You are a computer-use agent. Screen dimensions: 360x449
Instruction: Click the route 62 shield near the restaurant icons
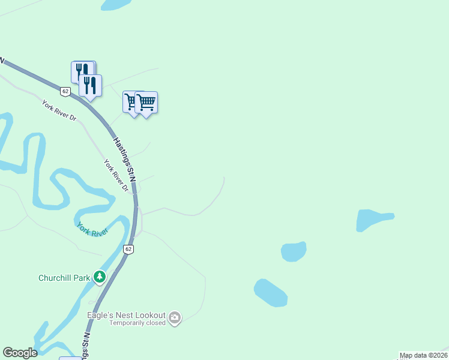click(x=65, y=91)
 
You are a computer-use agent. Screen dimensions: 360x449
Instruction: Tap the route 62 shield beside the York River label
click(x=128, y=248)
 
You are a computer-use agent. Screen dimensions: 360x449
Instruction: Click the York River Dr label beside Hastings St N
click(x=116, y=175)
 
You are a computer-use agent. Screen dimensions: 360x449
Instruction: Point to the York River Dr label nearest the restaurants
click(x=59, y=110)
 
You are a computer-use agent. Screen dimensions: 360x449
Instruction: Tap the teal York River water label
click(x=92, y=229)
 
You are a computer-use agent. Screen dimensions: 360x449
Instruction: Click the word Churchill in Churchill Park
click(x=55, y=278)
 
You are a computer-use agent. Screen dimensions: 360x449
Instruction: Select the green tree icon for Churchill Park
click(x=99, y=277)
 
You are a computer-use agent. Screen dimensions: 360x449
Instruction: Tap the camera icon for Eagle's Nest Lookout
click(x=175, y=317)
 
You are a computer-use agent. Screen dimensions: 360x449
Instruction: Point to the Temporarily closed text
click(x=137, y=323)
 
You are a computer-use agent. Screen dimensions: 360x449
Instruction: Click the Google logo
click(x=20, y=353)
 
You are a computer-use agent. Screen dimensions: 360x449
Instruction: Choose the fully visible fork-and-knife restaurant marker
click(x=90, y=85)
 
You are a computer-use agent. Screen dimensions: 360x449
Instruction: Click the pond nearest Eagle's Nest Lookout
click(x=270, y=293)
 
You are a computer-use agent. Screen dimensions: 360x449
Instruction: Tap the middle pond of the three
click(x=294, y=251)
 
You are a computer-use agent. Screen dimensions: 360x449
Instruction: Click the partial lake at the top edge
click(x=115, y=4)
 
